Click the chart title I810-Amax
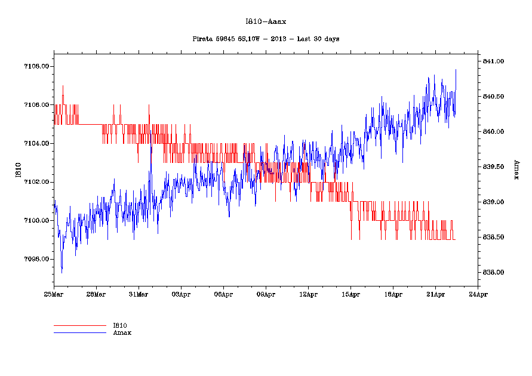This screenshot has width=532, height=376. (266, 21)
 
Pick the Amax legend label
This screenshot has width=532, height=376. (122, 332)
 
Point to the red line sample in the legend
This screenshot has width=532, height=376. (79, 326)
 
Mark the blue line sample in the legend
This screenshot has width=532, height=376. (79, 332)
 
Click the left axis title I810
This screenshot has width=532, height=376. (18, 171)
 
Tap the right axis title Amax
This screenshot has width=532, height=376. (516, 171)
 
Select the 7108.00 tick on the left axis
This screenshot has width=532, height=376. (36, 66)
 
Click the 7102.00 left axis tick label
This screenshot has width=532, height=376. (36, 182)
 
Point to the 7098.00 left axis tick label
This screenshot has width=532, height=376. (36, 260)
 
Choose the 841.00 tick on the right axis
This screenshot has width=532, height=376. (494, 61)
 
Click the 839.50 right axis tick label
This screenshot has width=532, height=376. (494, 167)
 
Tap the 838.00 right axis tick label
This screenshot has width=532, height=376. (494, 273)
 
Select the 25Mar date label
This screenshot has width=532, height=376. (54, 294)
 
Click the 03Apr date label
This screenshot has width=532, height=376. (181, 294)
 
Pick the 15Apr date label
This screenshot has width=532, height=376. (350, 294)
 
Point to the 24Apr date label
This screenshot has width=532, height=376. (478, 294)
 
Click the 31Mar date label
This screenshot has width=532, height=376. (139, 294)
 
